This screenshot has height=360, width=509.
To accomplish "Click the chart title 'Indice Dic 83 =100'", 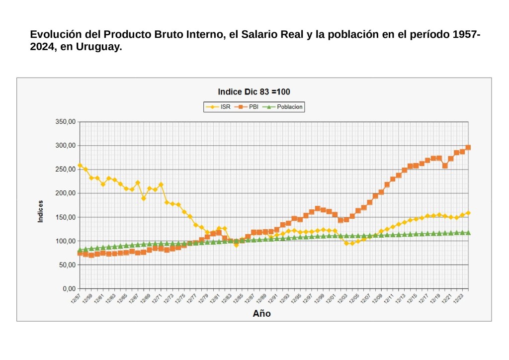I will [254, 92].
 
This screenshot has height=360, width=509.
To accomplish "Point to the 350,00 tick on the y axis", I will [65, 122].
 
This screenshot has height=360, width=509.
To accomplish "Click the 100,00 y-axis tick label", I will [65, 241].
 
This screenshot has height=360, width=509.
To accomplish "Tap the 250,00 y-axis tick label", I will [65, 170].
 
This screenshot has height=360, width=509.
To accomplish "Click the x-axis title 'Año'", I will [262, 313].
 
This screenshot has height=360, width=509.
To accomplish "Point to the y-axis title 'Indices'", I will [40, 211].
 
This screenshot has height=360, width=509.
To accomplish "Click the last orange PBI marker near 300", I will [468, 147].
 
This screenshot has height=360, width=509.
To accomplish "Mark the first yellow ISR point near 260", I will [80, 165].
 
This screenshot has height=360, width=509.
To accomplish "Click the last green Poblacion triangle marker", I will [468, 232].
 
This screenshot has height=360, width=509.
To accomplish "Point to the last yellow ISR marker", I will [468, 213].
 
